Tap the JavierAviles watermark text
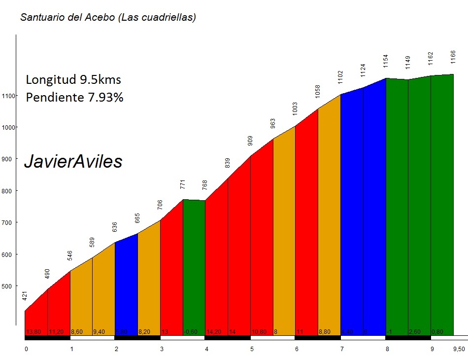click(x=73, y=162)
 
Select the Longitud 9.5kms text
click(x=73, y=80)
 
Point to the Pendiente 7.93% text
click(x=74, y=97)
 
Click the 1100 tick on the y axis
click(x=10, y=96)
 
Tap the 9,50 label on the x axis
click(x=459, y=349)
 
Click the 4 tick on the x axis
click(x=207, y=349)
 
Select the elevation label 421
click(x=25, y=296)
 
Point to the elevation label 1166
click(x=453, y=55)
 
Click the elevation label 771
click(x=183, y=184)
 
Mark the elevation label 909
click(x=250, y=141)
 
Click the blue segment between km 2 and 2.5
click(x=126, y=286)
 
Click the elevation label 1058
click(x=318, y=91)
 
